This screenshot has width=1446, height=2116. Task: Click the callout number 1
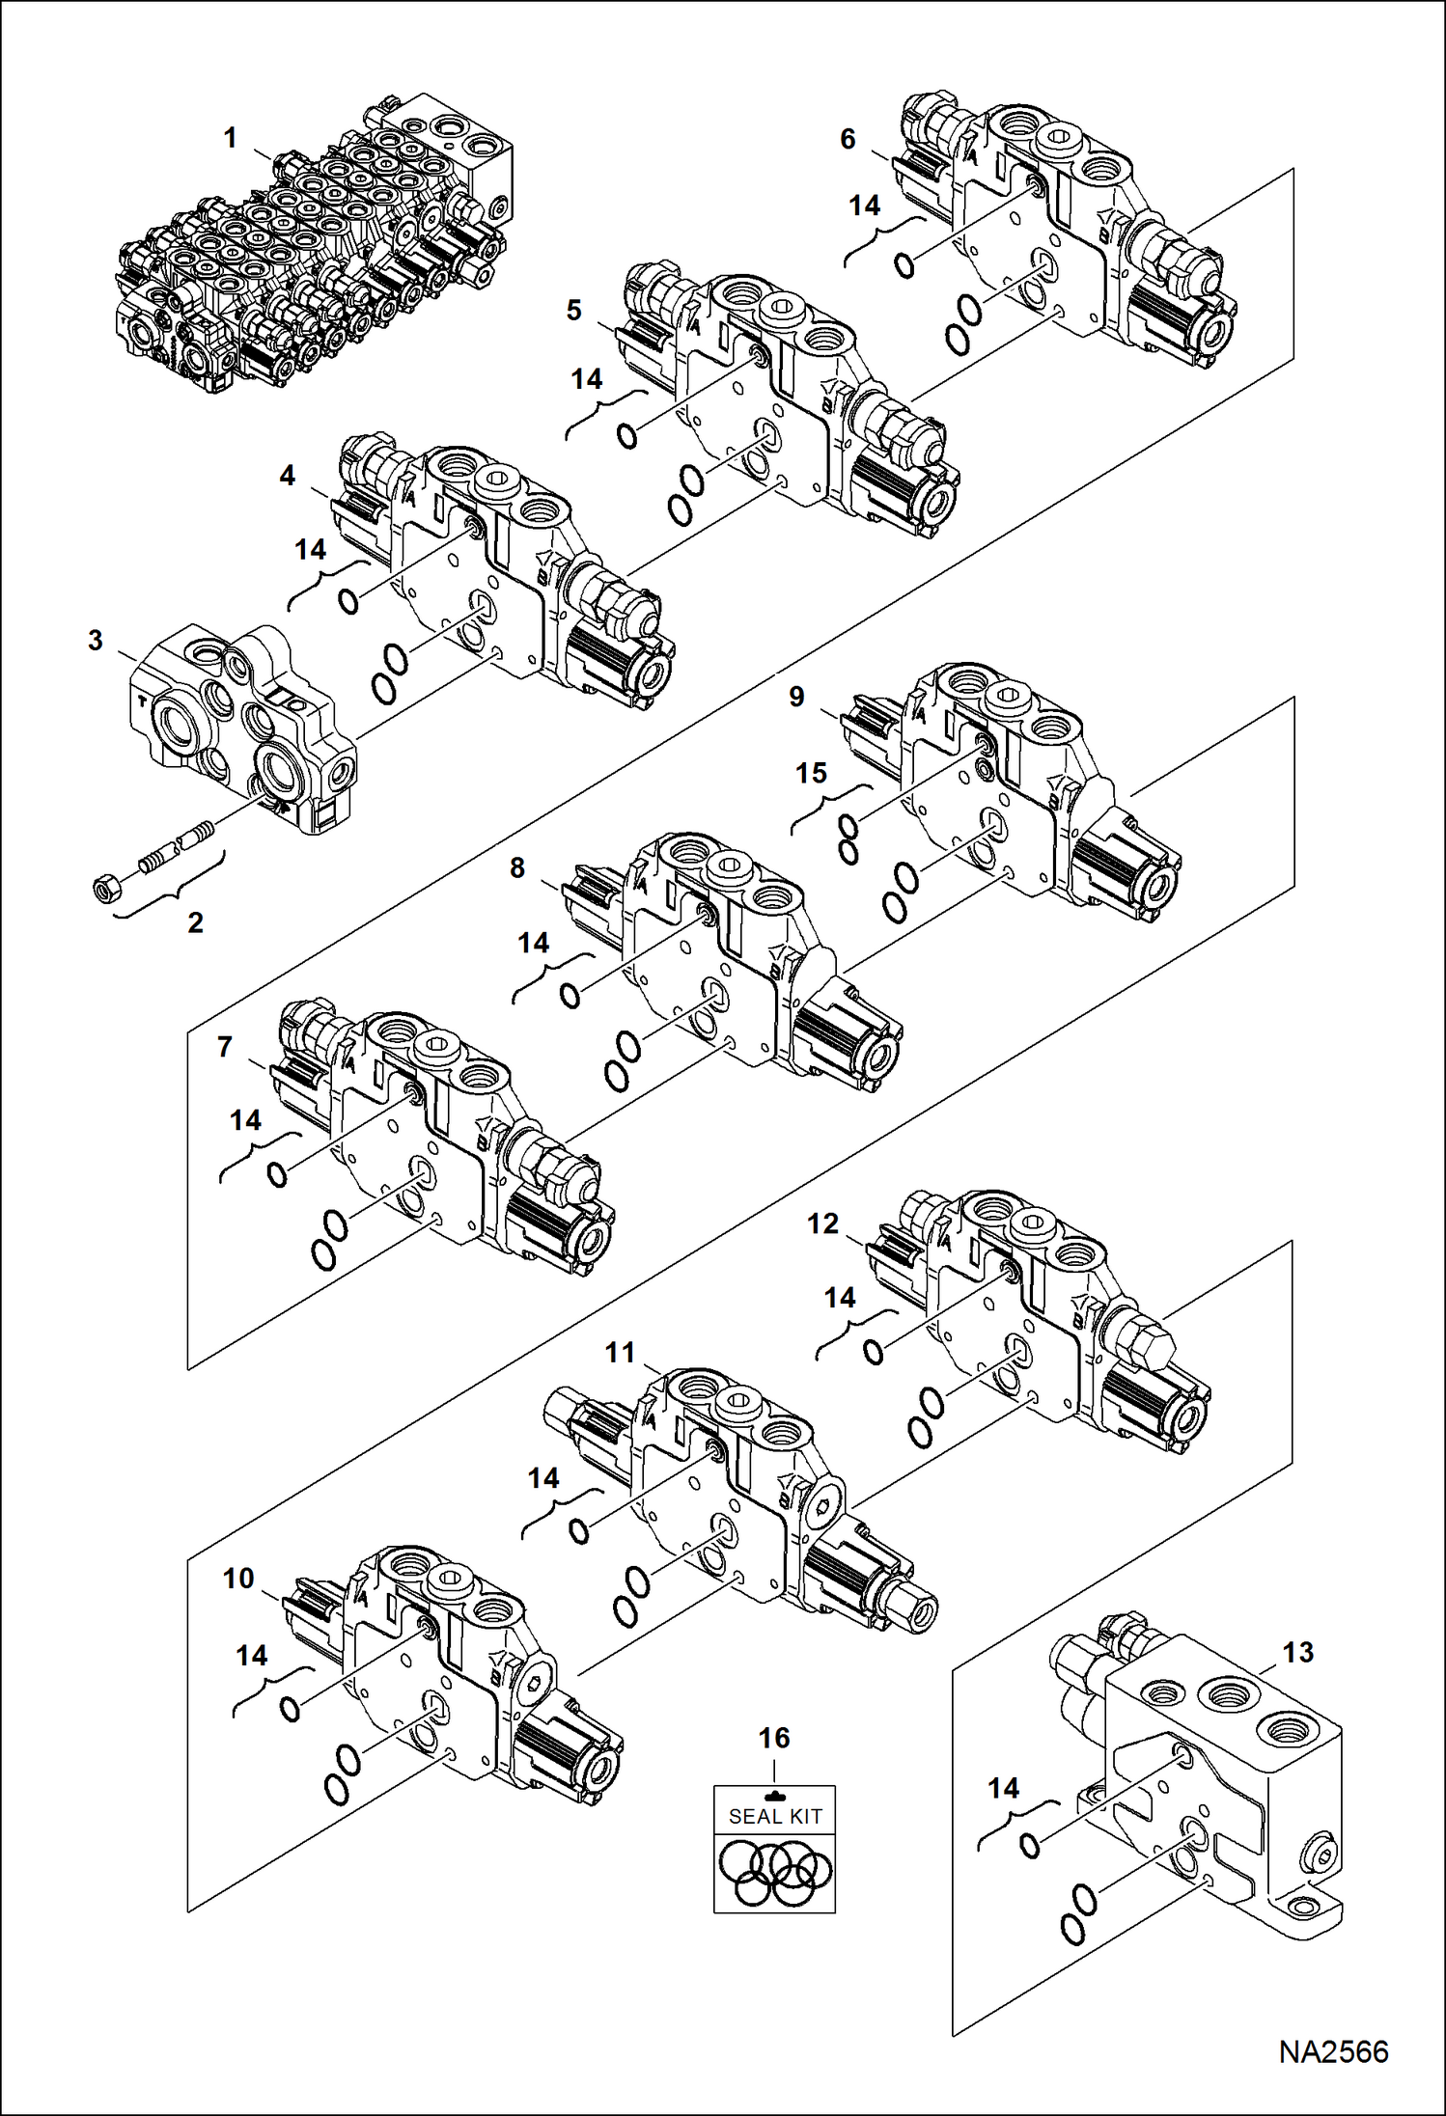[x=230, y=139]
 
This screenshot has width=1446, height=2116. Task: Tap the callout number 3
[x=95, y=641]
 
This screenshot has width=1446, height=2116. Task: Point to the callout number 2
[x=195, y=923]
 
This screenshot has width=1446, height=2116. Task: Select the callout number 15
[x=812, y=773]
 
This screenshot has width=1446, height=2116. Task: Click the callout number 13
[x=1297, y=1653]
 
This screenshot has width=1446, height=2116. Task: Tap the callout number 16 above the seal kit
[x=773, y=1739]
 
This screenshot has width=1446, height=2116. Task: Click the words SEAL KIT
[x=774, y=1816]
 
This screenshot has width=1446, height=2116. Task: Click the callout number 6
[x=848, y=139]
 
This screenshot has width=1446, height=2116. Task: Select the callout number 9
[x=796, y=697]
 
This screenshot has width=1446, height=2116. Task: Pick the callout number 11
[x=620, y=1354]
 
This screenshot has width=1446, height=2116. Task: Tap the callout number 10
[x=238, y=1579]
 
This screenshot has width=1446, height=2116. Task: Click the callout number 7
[x=225, y=1047]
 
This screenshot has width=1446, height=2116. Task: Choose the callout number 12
[x=822, y=1224]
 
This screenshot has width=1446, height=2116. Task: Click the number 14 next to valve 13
[x=1003, y=1789]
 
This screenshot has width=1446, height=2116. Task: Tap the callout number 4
[x=287, y=476]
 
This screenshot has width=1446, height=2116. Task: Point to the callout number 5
[x=574, y=311]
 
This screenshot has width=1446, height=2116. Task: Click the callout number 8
[x=517, y=868]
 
